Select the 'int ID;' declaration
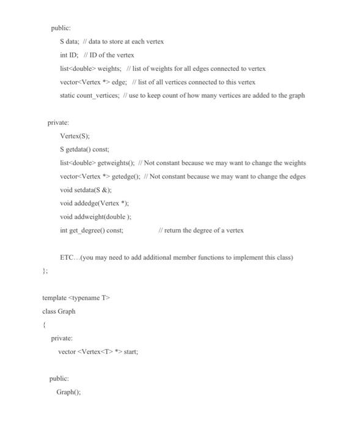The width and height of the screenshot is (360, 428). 71,55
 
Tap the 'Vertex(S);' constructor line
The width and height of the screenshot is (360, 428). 76,136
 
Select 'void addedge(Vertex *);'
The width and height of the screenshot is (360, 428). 94,204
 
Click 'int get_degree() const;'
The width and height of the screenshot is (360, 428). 92,231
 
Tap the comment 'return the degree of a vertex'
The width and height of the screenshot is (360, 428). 205,231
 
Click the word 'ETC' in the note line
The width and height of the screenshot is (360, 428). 67,257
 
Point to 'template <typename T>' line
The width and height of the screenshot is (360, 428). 75,298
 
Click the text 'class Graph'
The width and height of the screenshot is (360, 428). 59,311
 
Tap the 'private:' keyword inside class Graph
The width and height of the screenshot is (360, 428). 62,338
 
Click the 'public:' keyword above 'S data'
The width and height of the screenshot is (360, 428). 61,28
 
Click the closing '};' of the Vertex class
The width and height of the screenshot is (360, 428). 45,271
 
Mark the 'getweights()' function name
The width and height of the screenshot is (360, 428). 114,163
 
